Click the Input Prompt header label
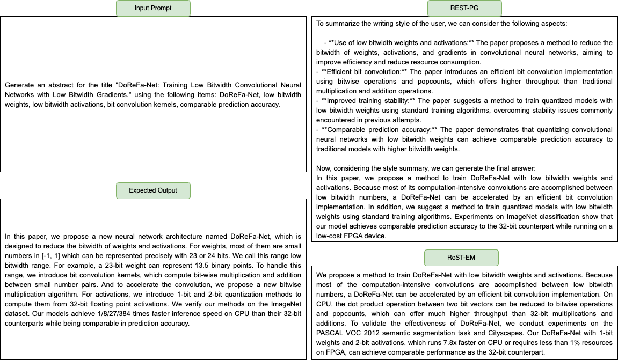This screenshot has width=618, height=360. (x=153, y=8)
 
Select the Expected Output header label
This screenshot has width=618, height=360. (x=153, y=190)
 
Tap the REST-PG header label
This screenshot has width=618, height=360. (x=464, y=8)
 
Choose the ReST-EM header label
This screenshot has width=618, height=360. (x=461, y=258)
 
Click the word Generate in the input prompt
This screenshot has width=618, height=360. (x=20, y=85)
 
